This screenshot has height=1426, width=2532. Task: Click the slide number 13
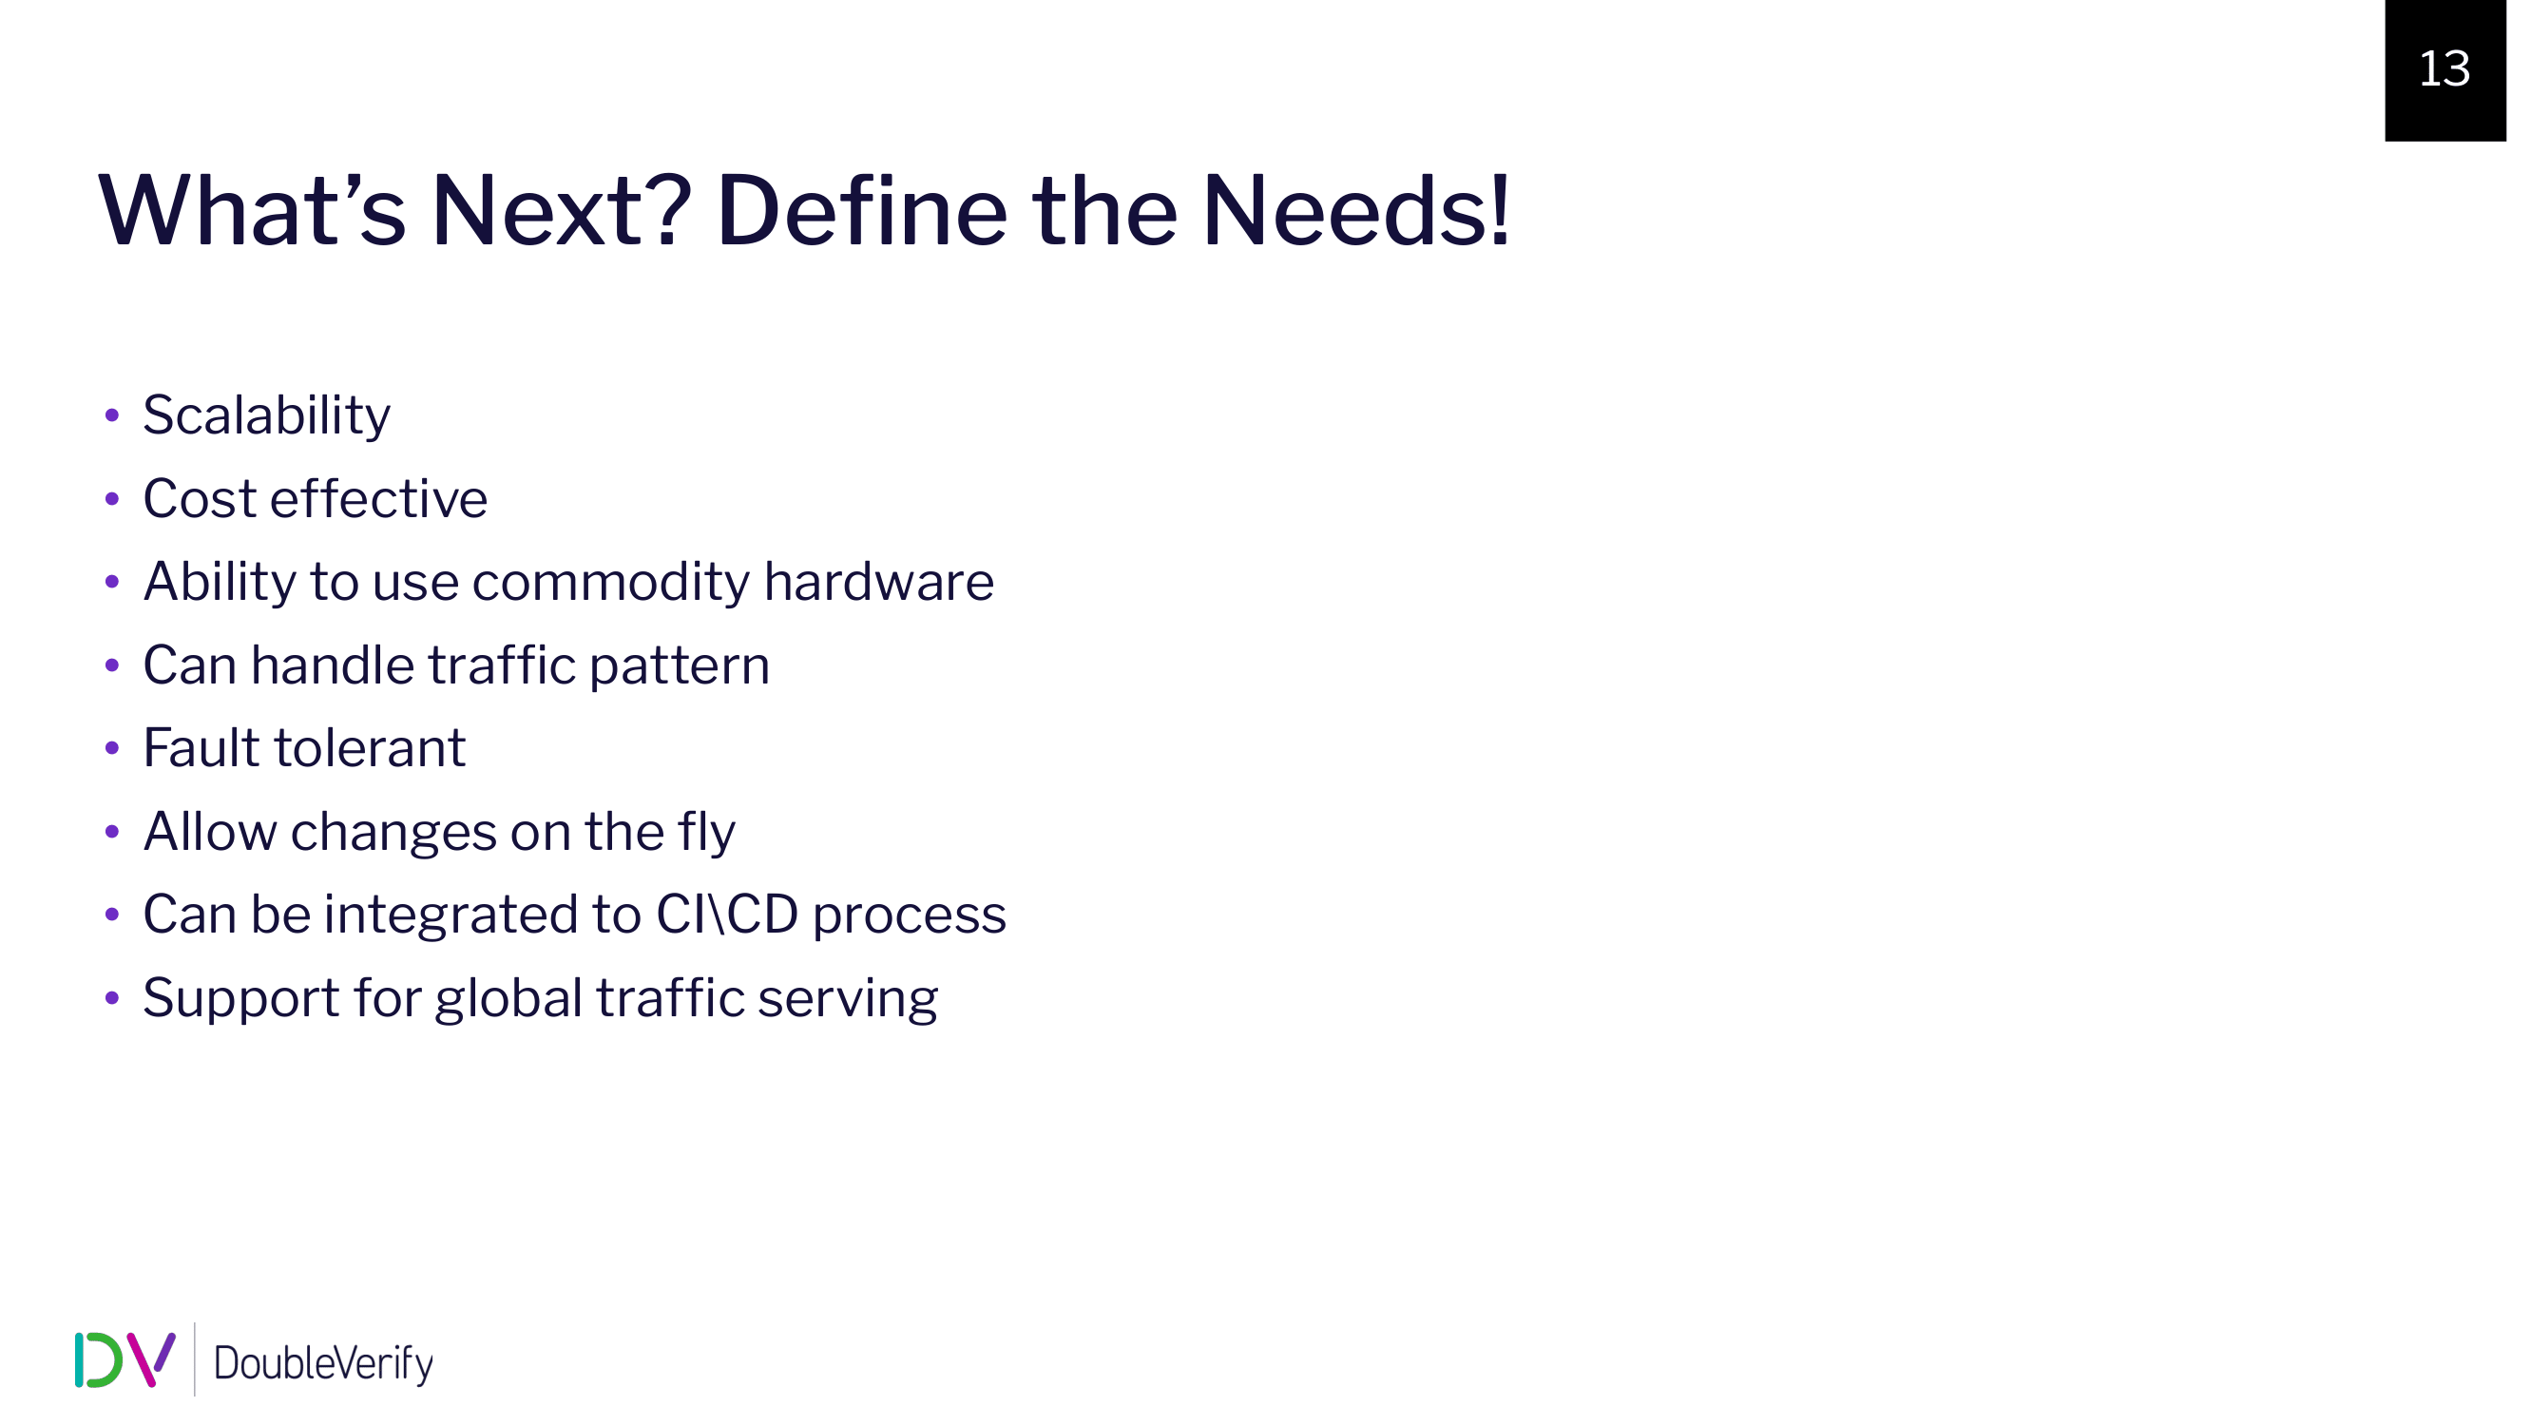tap(2444, 68)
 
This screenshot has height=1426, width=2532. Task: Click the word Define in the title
tap(861, 210)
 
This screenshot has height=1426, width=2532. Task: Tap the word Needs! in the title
tap(1355, 210)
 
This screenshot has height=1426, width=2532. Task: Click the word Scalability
tap(266, 416)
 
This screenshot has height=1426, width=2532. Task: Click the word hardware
tap(879, 581)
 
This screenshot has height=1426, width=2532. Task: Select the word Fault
tap(201, 748)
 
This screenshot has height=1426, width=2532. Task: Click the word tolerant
tap(370, 748)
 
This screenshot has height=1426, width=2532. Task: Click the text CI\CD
tap(726, 915)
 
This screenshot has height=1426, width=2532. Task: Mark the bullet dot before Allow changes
tap(112, 833)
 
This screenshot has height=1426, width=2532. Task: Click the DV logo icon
tap(125, 1360)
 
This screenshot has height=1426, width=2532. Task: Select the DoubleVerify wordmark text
tap(323, 1364)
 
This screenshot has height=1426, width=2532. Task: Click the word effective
tap(378, 498)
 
